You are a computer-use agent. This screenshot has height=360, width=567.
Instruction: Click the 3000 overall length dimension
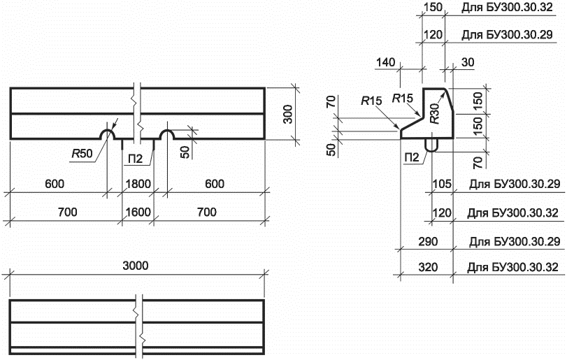tap(136, 266)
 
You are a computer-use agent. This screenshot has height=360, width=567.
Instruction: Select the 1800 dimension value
tap(138, 184)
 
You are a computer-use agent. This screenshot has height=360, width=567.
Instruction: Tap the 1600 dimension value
tap(138, 212)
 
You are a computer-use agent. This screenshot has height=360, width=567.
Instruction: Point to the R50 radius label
tap(82, 154)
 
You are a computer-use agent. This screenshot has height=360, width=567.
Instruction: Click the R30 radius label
tap(434, 113)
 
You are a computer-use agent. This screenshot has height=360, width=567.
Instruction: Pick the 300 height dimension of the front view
tap(288, 114)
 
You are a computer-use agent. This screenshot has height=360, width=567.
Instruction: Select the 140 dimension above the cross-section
tap(385, 62)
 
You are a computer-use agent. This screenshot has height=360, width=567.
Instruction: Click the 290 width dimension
tap(428, 241)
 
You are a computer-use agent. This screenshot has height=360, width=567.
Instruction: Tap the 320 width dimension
tap(428, 268)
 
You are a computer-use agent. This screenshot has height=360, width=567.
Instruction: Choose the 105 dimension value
tap(442, 184)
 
